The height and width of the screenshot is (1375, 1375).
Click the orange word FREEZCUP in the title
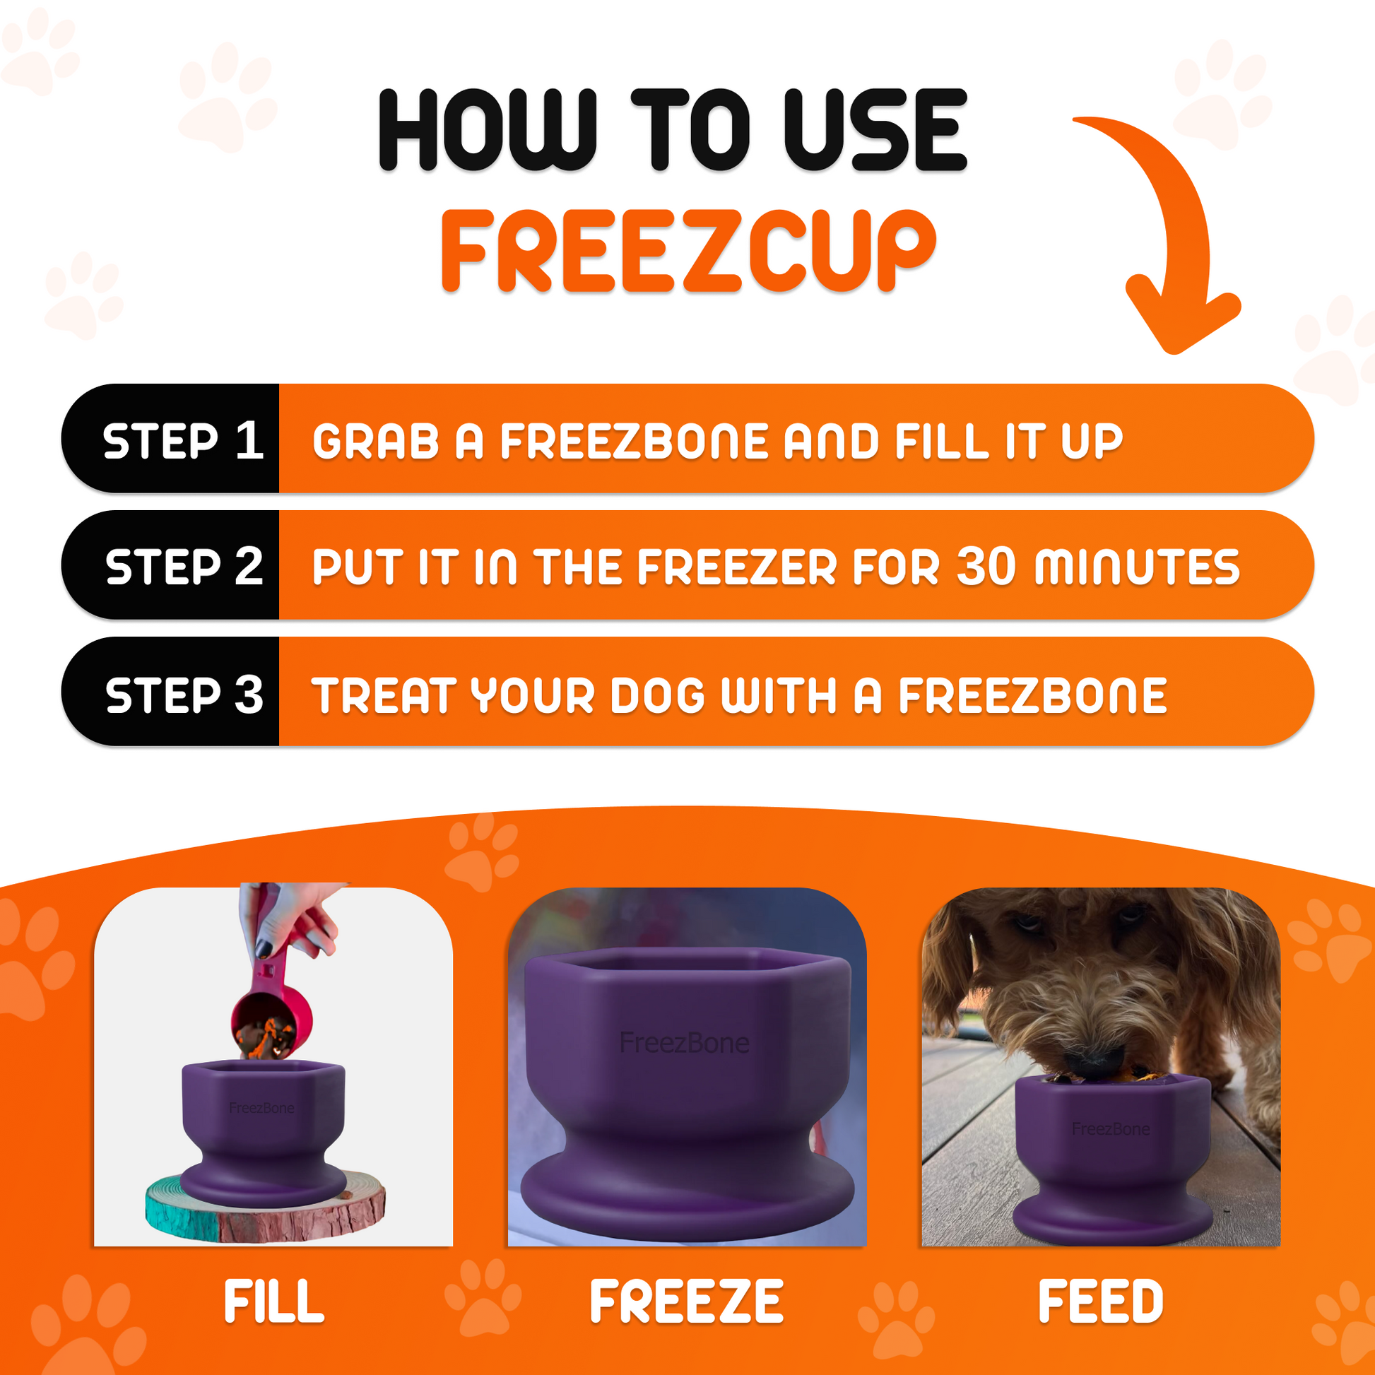point(687,251)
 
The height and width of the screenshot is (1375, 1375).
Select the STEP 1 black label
point(182,439)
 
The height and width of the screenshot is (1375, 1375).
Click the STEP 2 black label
point(184,566)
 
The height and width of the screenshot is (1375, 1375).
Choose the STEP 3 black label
point(184,694)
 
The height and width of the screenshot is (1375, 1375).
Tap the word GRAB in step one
point(376,441)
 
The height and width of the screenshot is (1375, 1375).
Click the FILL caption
point(274,1302)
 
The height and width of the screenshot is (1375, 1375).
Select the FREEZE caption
point(687,1302)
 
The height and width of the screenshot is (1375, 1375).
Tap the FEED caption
point(1101,1302)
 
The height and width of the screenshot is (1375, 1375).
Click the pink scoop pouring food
point(271,1018)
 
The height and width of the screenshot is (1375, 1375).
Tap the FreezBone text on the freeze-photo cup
point(684,1044)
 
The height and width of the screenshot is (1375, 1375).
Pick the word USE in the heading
point(875,129)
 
